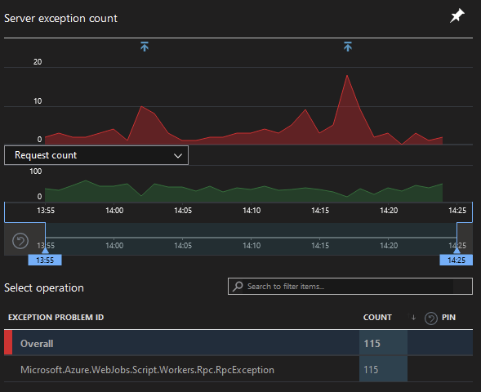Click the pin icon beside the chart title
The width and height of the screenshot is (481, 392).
coord(457,17)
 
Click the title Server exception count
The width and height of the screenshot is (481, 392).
coord(61,18)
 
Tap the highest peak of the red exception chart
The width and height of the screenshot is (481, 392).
coord(347,76)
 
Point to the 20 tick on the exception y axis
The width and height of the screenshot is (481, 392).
coord(38,62)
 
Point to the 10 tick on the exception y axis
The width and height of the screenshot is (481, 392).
coord(38,101)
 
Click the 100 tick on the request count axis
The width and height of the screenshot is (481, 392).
coord(35,171)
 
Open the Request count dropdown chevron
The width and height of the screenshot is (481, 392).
coord(178,154)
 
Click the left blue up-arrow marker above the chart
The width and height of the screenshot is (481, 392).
coord(145,47)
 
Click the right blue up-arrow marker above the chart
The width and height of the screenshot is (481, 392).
coord(347,47)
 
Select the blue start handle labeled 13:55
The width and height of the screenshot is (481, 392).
coord(45,260)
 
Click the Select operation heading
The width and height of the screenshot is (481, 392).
coord(44,287)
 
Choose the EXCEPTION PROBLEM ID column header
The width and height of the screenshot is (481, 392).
coord(56,317)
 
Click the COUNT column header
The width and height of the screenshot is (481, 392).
coord(377,317)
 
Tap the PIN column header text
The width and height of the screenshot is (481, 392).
coord(448,317)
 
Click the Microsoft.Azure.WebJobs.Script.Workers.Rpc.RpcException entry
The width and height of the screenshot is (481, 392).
coord(147,370)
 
